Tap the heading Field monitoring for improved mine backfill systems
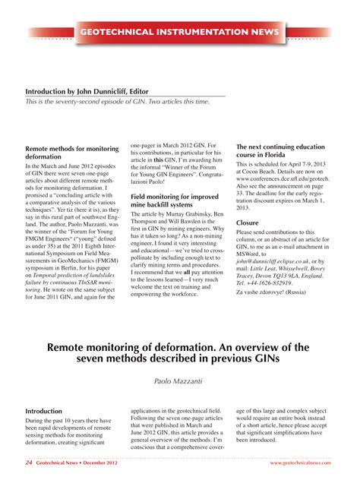[x=175, y=201]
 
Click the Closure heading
[x=248, y=223]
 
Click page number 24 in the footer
[x=29, y=462]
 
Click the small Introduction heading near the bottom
[x=44, y=411]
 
